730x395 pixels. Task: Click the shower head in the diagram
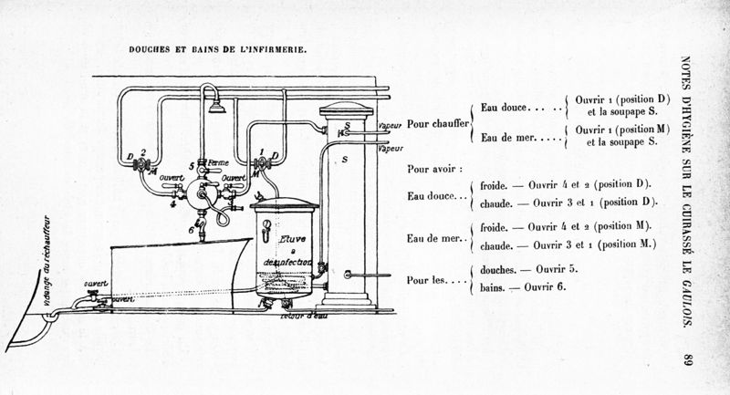point(217,108)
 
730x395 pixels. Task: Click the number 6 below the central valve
point(191,229)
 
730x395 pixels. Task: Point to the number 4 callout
point(172,203)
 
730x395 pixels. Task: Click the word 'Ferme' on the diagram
point(218,162)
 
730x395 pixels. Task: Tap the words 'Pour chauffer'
point(437,121)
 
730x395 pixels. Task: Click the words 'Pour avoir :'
point(435,170)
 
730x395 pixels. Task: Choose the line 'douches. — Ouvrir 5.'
point(528,271)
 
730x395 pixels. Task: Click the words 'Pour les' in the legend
point(427,279)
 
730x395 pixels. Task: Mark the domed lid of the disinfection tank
point(284,203)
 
